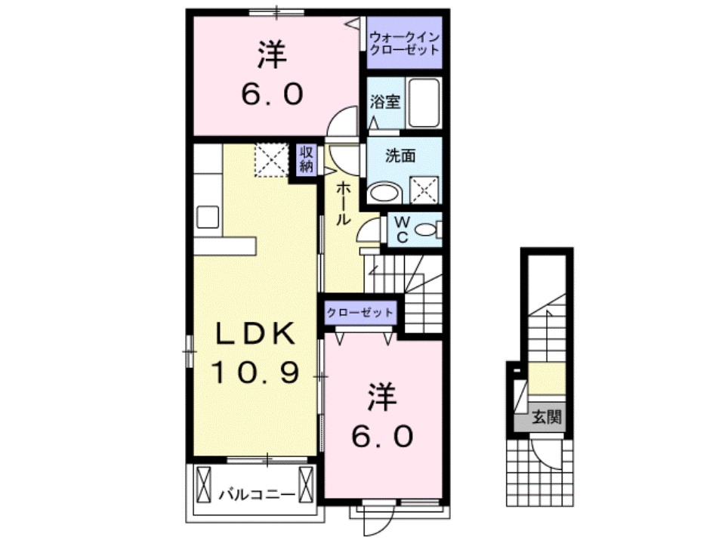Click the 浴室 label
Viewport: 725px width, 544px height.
tap(385, 101)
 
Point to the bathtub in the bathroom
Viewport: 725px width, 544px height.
tap(424, 103)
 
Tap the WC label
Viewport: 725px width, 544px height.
tap(402, 230)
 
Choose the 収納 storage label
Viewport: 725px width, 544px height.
tap(306, 160)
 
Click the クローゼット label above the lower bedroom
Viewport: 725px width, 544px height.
tap(360, 312)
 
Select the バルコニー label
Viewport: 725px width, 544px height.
tap(256, 495)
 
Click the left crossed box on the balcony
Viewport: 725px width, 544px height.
tap(205, 484)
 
